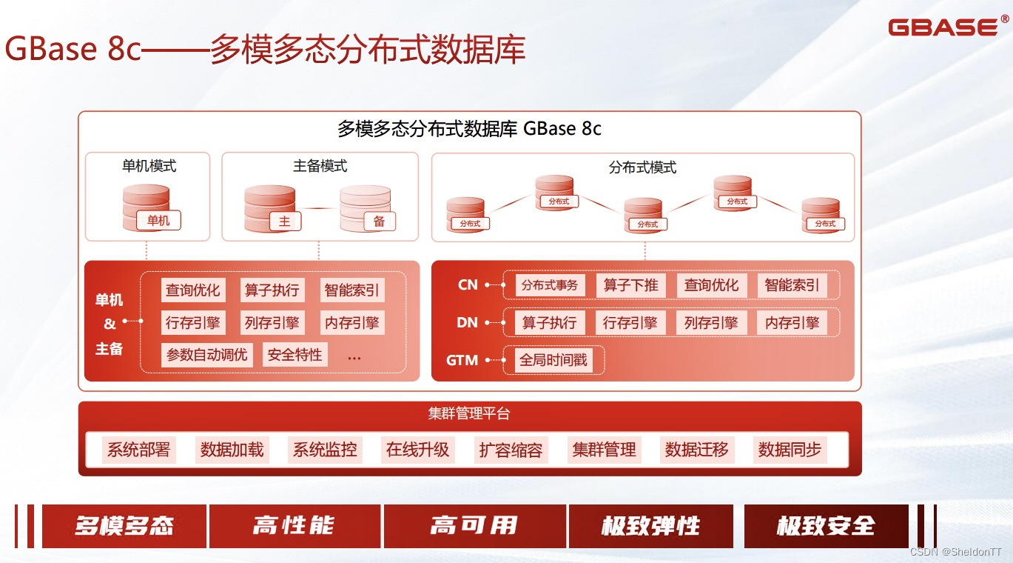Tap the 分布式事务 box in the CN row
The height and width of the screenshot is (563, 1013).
pos(549,285)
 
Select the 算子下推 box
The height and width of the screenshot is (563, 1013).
pos(630,285)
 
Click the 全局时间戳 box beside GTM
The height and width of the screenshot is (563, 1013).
pos(553,361)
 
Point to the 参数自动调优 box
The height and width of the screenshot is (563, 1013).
pos(207,355)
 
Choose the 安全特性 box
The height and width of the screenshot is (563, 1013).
pos(295,355)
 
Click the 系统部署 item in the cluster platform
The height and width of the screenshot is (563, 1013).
pos(139,450)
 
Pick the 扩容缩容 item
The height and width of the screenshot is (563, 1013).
pos(511,450)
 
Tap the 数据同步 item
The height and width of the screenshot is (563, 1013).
pos(790,450)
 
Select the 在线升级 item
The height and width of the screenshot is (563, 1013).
pos(417,450)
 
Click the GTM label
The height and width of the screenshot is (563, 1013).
pos(462,361)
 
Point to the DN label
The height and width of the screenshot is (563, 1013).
pos(468,323)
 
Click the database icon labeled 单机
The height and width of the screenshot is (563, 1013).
pos(147,207)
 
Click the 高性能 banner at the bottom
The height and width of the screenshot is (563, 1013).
pos(295,526)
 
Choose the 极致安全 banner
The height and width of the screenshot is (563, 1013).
pos(826,526)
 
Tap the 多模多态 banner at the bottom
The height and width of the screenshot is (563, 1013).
pos(124,526)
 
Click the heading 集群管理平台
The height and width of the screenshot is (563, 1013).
pos(469,414)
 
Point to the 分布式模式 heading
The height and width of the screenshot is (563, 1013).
pos(642,167)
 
